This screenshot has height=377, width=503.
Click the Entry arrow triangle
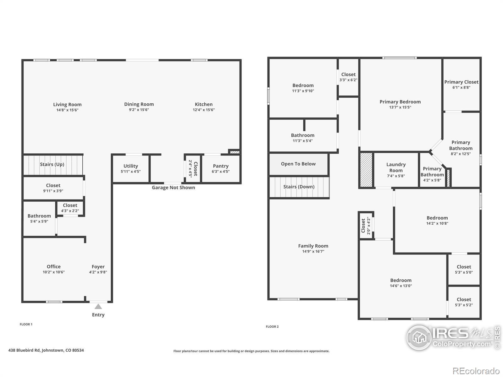(x=98, y=307)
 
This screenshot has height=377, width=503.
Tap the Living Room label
(x=67, y=105)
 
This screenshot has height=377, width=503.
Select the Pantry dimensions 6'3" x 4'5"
(x=221, y=172)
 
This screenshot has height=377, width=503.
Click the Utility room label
(x=130, y=166)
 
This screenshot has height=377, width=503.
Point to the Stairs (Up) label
(x=52, y=164)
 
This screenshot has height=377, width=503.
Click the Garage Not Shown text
(x=174, y=188)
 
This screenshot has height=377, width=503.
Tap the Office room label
(x=54, y=266)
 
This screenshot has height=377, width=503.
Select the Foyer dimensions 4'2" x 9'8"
(x=98, y=272)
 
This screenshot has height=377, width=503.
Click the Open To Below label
(x=298, y=164)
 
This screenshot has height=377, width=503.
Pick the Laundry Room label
(x=396, y=167)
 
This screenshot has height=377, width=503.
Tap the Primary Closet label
(x=461, y=82)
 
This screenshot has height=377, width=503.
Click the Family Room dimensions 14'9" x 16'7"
(x=313, y=251)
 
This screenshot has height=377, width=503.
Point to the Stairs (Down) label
(x=299, y=187)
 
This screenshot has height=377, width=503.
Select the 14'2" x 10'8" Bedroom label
(x=437, y=218)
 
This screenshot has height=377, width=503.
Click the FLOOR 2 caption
(x=272, y=327)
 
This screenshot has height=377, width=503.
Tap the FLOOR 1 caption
(x=26, y=324)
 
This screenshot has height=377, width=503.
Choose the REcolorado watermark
(x=476, y=371)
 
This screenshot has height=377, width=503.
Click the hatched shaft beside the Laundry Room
(x=366, y=170)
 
